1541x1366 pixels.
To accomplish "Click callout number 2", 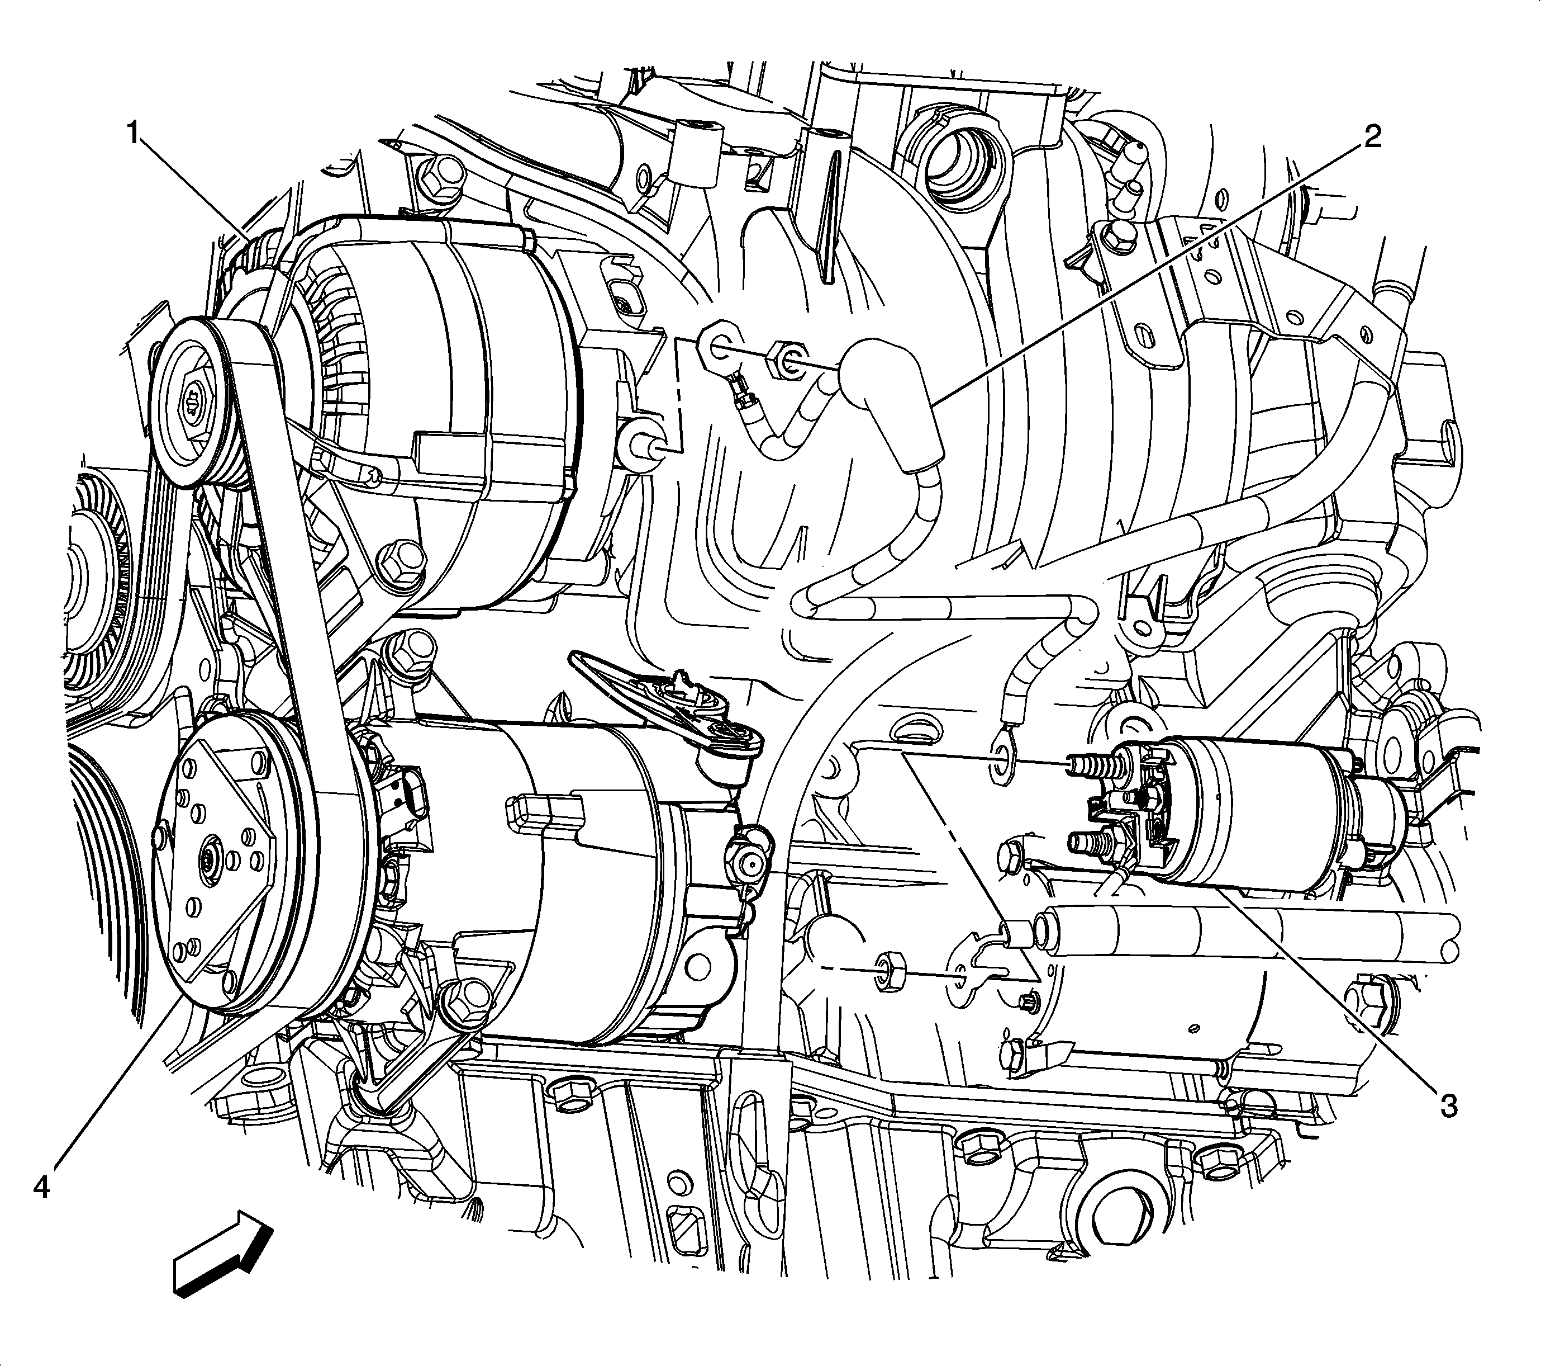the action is (1371, 136).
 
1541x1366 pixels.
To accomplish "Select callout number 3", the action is (1448, 1107).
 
